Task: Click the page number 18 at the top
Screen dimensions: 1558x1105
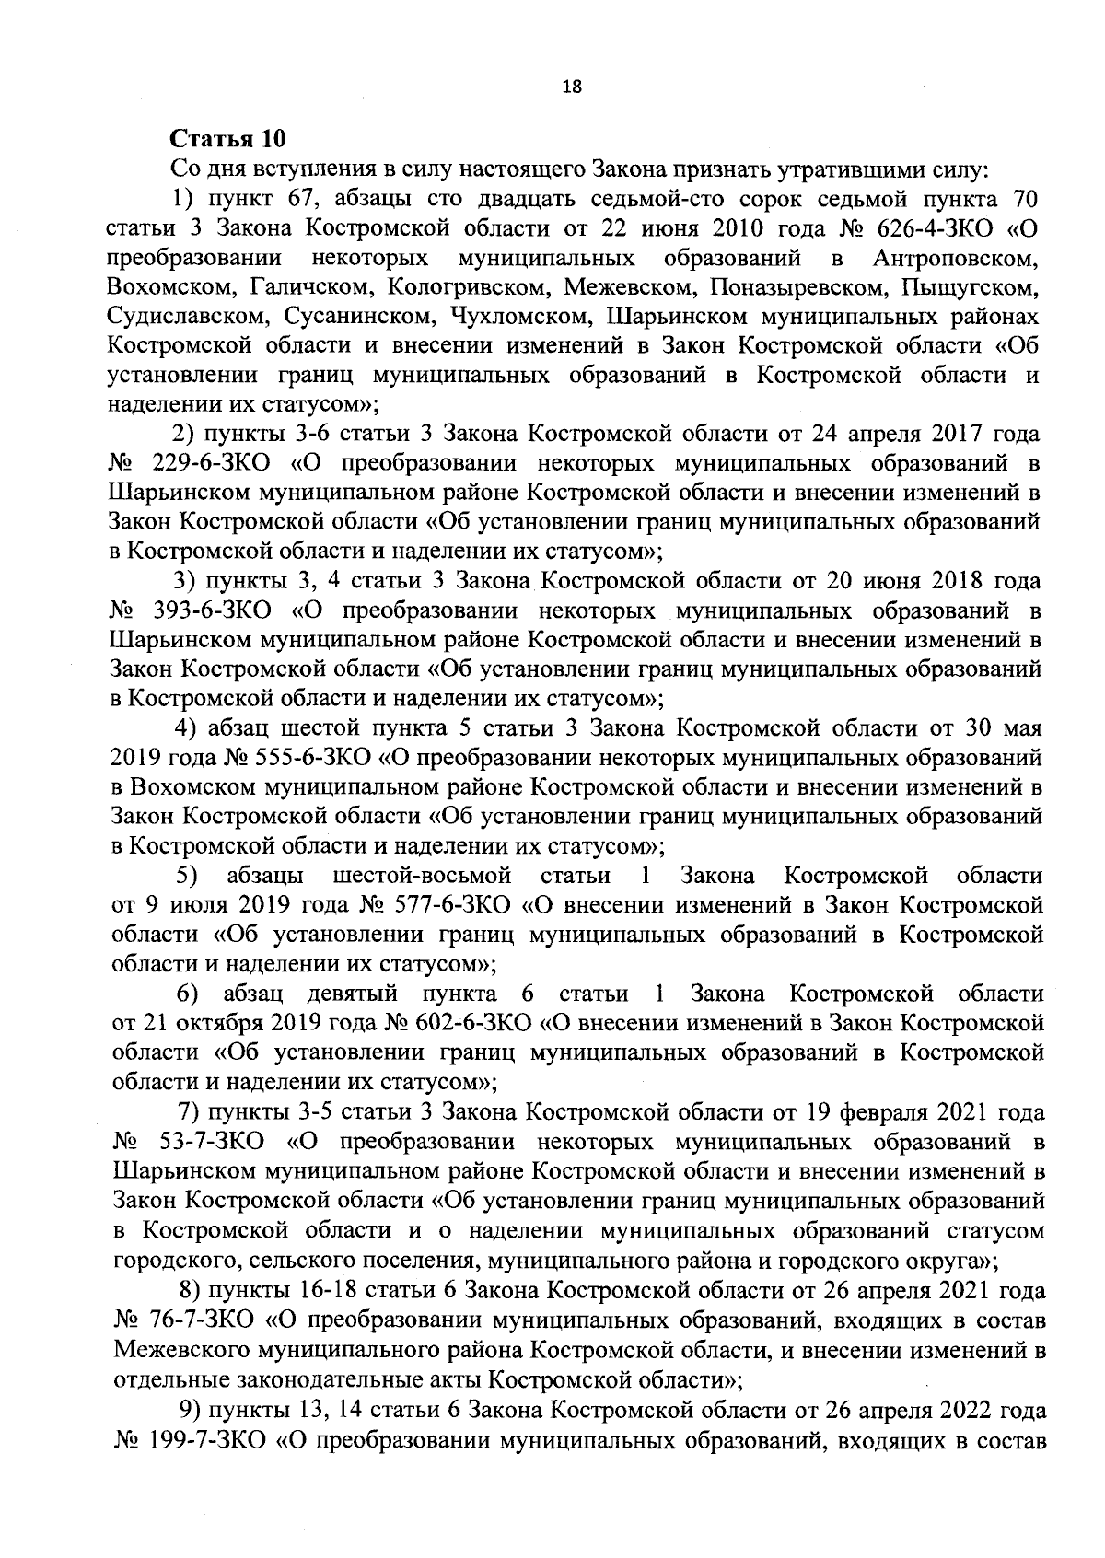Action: (571, 87)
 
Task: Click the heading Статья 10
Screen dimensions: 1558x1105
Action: (228, 139)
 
